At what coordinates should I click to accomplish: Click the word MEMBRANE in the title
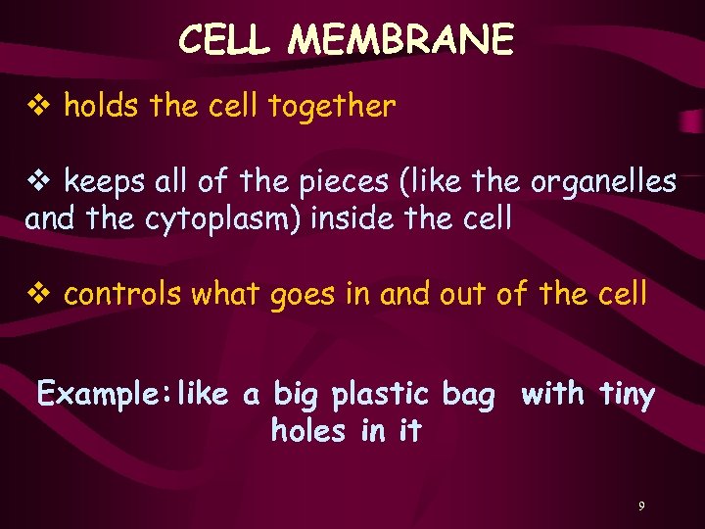click(x=401, y=40)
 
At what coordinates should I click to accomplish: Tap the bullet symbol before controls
click(x=39, y=293)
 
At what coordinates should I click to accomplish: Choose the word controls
click(x=124, y=292)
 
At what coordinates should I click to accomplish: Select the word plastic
click(x=380, y=395)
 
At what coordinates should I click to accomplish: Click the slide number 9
click(x=641, y=506)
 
